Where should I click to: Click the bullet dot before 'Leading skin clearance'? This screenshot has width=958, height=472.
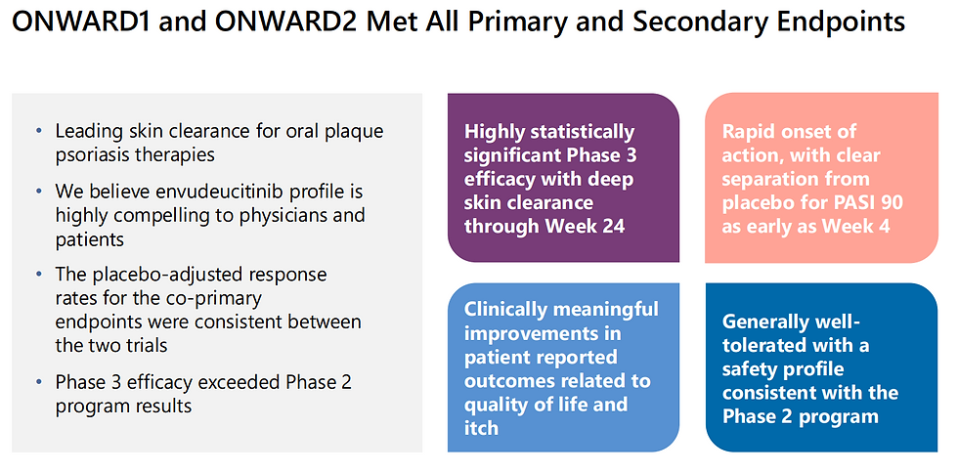(x=40, y=131)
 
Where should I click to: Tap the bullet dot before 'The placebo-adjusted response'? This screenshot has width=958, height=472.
(x=40, y=275)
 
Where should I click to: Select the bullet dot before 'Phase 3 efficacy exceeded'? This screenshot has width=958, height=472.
(x=40, y=382)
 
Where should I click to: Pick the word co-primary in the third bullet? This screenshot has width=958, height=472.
(x=218, y=299)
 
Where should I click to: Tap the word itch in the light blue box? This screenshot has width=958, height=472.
(x=481, y=427)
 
